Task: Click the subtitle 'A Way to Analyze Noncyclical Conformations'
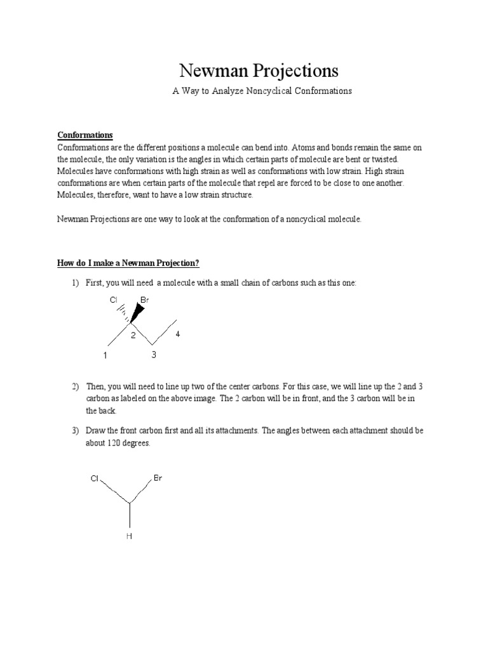[262, 91]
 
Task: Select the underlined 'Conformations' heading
[85, 135]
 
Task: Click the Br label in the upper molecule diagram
[145, 299]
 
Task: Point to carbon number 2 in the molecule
[133, 335]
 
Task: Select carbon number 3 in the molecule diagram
[153, 355]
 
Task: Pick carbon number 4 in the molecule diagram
[178, 334]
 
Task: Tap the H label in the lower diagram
[130, 536]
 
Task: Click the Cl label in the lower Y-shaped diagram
[95, 479]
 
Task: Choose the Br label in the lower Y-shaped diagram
[158, 478]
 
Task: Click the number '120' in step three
[119, 443]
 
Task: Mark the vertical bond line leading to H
[130, 515]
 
